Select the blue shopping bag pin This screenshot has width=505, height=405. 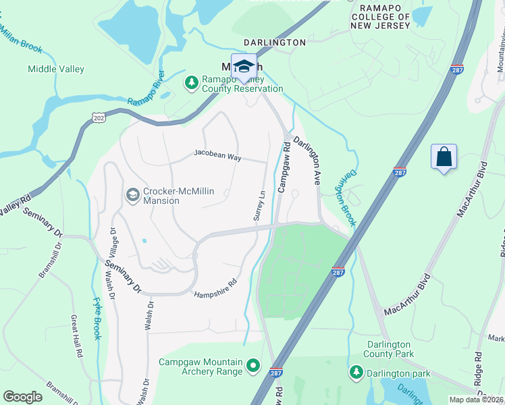pos(444,158)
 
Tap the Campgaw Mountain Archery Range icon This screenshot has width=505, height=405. pos(253,367)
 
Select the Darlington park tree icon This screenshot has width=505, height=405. pos(356,372)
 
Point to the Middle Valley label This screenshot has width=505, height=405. pos(56,69)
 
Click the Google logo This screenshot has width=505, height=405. pos(22,397)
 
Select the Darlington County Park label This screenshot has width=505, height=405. pos(390,349)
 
